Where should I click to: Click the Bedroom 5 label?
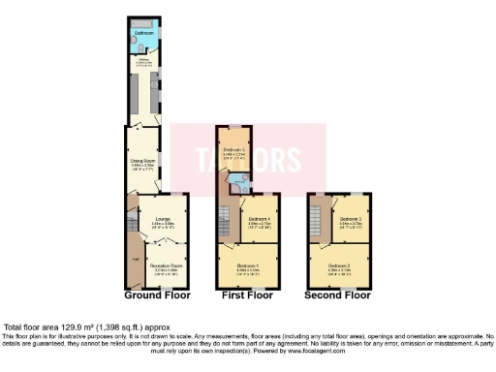pos(233,150)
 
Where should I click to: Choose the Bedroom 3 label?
pos(349,220)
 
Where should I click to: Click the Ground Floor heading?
pos(157,294)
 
